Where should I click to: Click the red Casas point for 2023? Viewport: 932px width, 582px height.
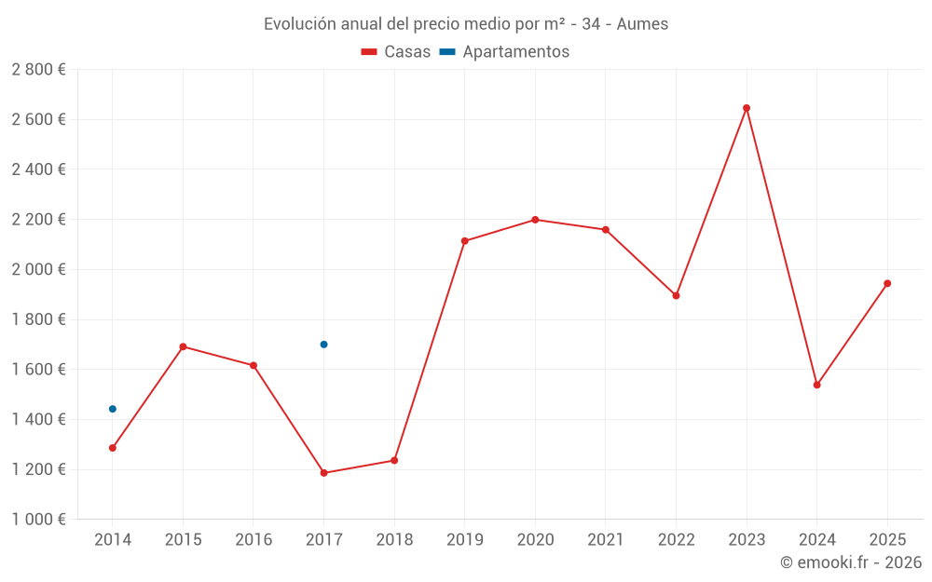pos(747,108)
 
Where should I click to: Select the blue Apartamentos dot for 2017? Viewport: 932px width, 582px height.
pos(323,345)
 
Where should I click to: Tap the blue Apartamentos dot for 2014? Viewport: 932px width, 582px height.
pos(113,409)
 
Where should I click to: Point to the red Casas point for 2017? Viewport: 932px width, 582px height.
pos(323,473)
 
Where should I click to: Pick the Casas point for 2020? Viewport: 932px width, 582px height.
pos(535,220)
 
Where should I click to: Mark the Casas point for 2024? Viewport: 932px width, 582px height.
pos(817,385)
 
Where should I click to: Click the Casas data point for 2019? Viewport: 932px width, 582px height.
pos(465,241)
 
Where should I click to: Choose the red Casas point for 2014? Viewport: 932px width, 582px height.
pos(113,448)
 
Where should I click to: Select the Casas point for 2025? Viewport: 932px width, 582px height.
pos(887,283)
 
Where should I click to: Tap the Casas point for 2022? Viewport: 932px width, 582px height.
pos(676,296)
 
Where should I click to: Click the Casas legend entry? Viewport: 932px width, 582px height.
pos(396,52)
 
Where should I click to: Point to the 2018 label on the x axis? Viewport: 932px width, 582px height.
pos(394,540)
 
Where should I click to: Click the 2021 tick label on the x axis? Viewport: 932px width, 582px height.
pos(606,540)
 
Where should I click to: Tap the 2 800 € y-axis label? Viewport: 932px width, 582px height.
pos(39,70)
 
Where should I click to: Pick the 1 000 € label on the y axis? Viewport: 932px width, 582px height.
pos(39,520)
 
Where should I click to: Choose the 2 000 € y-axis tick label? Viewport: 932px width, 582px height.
pos(39,270)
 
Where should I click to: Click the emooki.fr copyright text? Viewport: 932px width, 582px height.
pos(851,562)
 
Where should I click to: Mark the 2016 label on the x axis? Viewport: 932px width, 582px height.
pos(254,540)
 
